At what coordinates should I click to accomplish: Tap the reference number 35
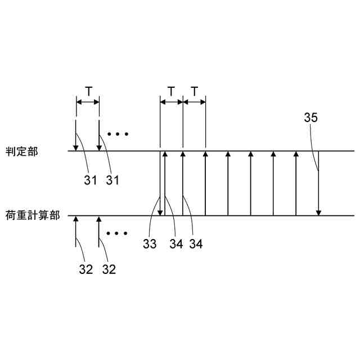tap(310, 118)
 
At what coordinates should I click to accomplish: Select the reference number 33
tap(149, 244)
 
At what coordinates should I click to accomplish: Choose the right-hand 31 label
tap(112, 180)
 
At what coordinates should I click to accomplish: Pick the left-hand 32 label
tap(85, 269)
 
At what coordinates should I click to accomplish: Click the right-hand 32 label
tap(109, 269)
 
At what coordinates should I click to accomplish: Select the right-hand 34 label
tap(195, 244)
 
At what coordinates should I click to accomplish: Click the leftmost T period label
tap(88, 91)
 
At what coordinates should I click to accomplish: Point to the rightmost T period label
tap(194, 91)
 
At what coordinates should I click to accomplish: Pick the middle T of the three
tap(172, 91)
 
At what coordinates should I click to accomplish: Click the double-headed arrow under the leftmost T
tap(88, 102)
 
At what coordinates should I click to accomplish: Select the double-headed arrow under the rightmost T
tap(194, 102)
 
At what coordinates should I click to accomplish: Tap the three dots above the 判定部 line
tap(118, 134)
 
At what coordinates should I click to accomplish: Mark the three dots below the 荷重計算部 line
tap(118, 232)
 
